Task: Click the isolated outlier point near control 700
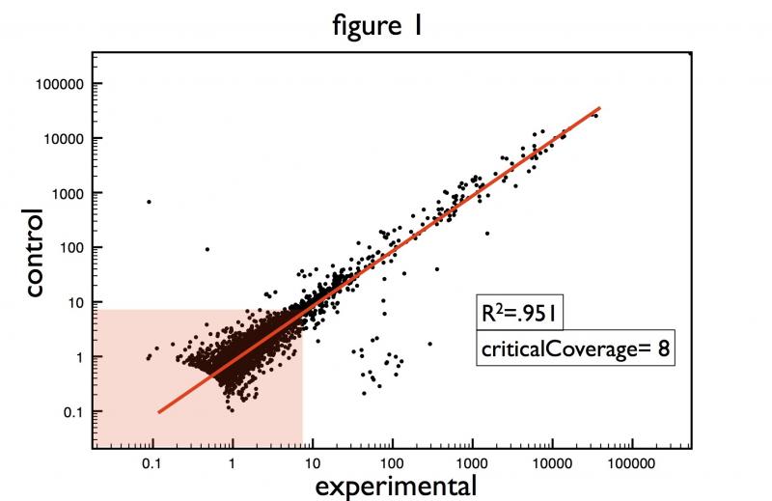click(x=149, y=202)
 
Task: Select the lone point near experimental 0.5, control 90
click(x=207, y=250)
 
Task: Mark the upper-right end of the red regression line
click(x=600, y=107)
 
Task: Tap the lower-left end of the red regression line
click(x=158, y=412)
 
